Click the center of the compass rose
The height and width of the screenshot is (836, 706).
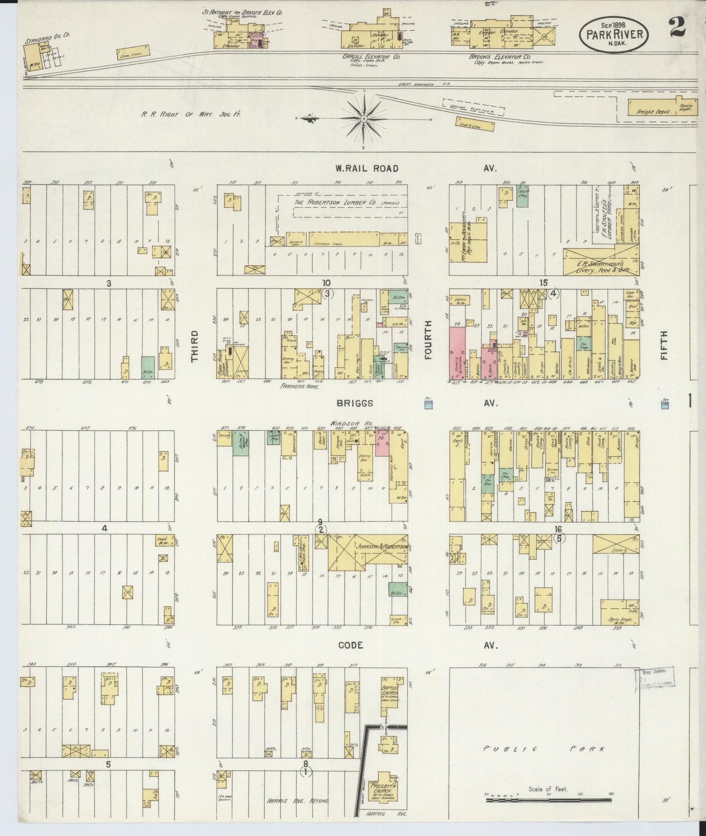[x=364, y=119]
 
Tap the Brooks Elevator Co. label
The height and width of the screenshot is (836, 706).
[x=497, y=57]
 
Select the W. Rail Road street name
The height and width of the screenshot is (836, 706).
[x=366, y=168]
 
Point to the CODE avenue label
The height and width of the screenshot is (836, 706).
[x=351, y=645]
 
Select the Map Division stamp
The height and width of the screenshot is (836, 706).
[x=655, y=679]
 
